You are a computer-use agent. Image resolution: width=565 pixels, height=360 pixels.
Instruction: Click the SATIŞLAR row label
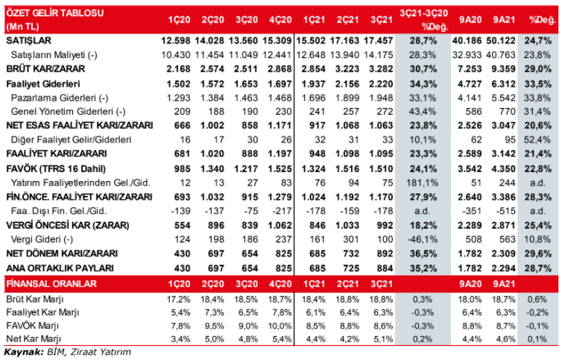(x=29, y=40)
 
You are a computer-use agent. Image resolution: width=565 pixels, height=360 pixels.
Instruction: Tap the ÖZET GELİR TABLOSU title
(x=54, y=13)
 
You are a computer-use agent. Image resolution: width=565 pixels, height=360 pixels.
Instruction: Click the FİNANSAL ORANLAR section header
(x=51, y=284)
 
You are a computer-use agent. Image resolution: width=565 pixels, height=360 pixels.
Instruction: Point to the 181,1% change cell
(x=422, y=183)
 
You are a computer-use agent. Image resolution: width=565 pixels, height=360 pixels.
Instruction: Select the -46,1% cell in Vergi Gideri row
(x=423, y=240)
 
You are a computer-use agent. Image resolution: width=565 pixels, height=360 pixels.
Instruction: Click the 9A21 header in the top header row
(x=504, y=20)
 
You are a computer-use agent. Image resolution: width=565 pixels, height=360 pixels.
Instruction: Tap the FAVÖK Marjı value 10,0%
(x=280, y=326)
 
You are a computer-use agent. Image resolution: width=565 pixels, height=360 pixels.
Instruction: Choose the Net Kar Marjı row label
(x=34, y=339)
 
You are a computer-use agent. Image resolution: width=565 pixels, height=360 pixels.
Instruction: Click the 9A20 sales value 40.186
(x=467, y=40)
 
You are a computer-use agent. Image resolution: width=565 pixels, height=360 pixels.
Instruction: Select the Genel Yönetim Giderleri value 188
(x=216, y=112)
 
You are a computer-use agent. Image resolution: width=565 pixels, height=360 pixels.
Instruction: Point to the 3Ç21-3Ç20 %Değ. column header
(x=423, y=20)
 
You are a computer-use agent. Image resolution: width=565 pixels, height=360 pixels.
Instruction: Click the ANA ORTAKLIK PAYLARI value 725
(x=350, y=268)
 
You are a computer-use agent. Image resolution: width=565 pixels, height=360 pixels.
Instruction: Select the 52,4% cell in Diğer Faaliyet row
(x=537, y=140)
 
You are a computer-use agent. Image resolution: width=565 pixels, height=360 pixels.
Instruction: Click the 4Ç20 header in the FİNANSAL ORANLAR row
(x=280, y=284)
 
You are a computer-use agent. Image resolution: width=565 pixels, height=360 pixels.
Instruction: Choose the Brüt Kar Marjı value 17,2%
(x=178, y=300)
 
